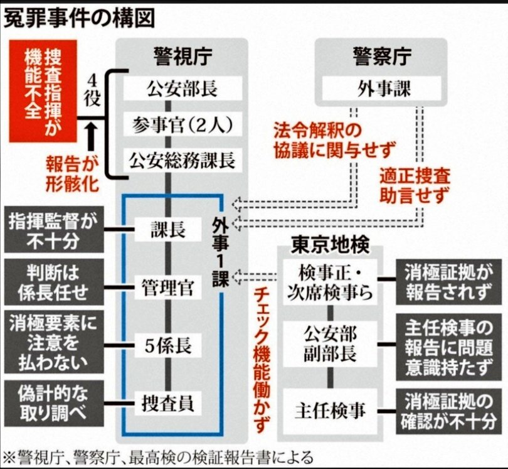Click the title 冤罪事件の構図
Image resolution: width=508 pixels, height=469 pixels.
pyautogui.click(x=78, y=18)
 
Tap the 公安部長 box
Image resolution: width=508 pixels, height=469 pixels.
pyautogui.click(x=182, y=88)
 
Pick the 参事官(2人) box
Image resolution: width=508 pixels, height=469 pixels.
pyautogui.click(x=182, y=124)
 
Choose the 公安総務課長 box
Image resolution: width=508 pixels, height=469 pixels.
pyautogui.click(x=182, y=161)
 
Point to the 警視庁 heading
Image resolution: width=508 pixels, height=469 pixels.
pyautogui.click(x=182, y=58)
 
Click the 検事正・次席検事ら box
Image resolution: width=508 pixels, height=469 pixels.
pyautogui.click(x=328, y=283)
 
